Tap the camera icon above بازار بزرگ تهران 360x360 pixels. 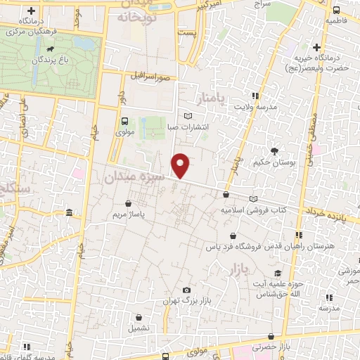[x=186, y=290]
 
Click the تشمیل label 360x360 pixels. [x=138, y=328]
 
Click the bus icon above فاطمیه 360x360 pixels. [x=336, y=10]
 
